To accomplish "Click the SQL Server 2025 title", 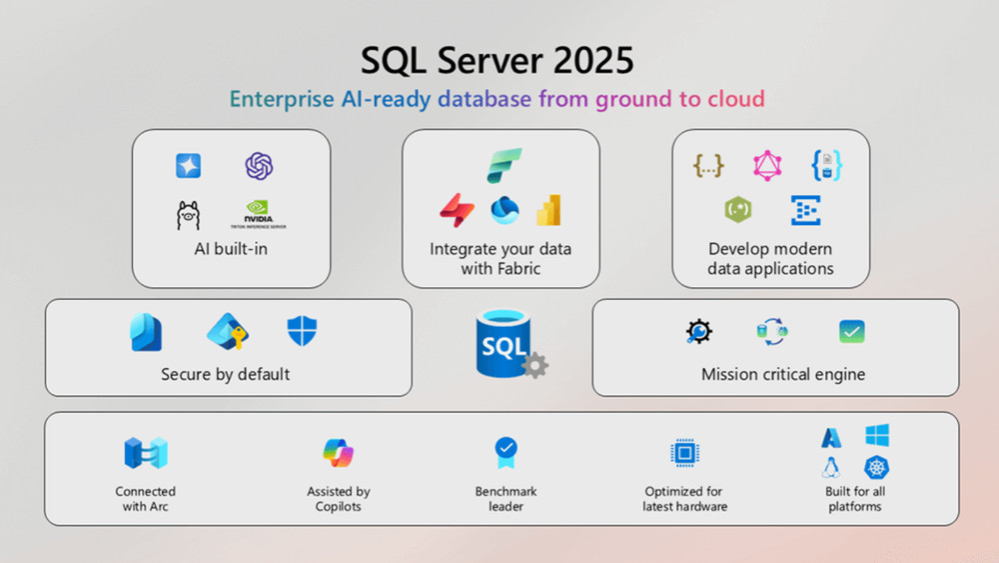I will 498,60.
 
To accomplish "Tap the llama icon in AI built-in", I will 188,214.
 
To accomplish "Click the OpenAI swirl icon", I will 260,166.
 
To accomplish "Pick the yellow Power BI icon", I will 548,210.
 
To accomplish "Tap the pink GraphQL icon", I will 767,165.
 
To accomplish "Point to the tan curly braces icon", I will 708,165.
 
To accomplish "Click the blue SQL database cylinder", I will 502,343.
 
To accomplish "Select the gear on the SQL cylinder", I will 535,365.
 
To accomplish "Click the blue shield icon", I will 302,331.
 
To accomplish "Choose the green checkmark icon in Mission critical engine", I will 852,332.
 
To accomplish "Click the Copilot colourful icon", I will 339,453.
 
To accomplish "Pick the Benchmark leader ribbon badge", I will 506,453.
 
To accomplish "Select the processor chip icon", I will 684,453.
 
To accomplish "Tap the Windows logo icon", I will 877,436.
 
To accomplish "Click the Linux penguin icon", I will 830,467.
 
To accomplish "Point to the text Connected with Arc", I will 145,498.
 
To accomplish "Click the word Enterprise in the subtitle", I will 278,99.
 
